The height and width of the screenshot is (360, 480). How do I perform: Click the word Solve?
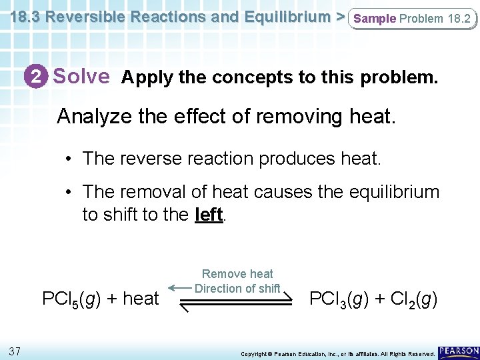tap(81, 77)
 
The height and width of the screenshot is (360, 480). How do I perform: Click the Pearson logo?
tap(458, 351)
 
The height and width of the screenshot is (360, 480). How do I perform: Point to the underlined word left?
tap(208, 215)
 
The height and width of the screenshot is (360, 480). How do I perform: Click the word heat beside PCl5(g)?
tap(141, 298)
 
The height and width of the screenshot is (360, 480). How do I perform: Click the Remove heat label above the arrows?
tap(237, 274)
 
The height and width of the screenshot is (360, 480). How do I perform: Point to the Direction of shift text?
tap(237, 288)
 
